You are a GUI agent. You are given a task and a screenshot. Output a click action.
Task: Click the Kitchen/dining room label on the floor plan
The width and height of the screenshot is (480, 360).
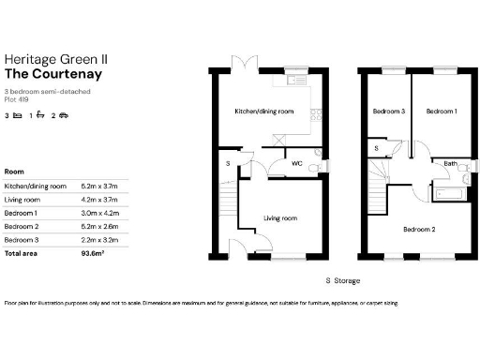click(263, 112)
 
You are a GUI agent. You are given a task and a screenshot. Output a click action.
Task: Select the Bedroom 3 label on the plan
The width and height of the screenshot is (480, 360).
click(388, 112)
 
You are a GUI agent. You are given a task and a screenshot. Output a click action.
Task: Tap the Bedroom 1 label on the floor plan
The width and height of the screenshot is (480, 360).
click(442, 112)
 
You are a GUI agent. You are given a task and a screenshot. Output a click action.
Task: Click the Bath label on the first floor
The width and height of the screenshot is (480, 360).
click(450, 163)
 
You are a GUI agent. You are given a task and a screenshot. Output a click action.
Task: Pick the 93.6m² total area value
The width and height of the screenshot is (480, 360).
click(92, 253)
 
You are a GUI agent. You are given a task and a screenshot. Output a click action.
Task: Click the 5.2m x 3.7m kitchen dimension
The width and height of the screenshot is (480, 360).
click(100, 186)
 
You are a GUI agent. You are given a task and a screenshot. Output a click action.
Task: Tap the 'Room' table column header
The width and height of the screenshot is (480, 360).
click(14, 172)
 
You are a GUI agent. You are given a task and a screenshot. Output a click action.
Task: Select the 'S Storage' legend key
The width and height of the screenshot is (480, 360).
click(342, 280)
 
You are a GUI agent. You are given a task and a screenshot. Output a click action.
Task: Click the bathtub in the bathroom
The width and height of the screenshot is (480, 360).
click(449, 194)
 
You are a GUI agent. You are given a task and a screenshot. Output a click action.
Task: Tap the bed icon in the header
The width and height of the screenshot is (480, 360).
click(18, 115)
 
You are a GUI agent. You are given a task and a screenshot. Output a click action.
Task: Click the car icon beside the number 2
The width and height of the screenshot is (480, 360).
click(64, 115)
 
